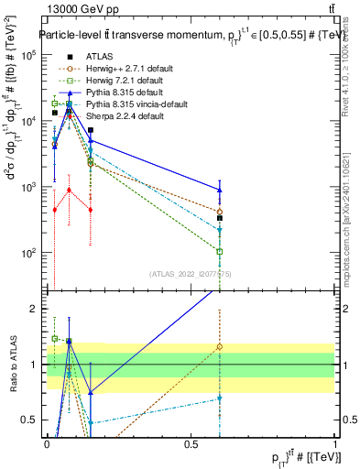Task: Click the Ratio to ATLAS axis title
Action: tap(12, 365)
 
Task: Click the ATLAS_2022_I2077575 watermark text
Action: tap(190, 273)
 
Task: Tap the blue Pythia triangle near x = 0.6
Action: tap(220, 190)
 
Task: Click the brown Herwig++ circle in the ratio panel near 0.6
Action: tap(220, 347)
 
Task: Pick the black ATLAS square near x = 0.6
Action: tap(220, 218)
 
